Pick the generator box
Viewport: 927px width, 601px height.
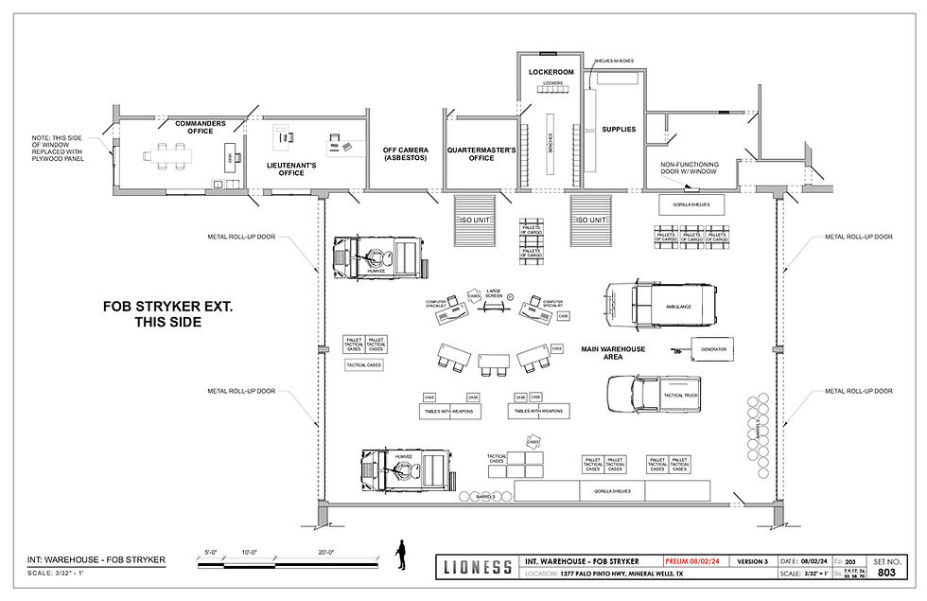pyautogui.click(x=712, y=348)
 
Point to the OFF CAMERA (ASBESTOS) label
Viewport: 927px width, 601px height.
pyautogui.click(x=406, y=153)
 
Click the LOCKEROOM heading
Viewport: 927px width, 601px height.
pyautogui.click(x=551, y=71)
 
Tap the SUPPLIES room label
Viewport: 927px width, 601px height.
pyautogui.click(x=620, y=129)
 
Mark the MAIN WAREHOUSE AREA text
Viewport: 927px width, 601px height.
pyautogui.click(x=613, y=354)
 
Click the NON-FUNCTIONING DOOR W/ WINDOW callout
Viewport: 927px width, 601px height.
pyautogui.click(x=689, y=169)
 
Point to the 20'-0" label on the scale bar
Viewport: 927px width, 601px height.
pyautogui.click(x=326, y=552)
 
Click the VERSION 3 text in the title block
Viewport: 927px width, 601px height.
pyautogui.click(x=753, y=561)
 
